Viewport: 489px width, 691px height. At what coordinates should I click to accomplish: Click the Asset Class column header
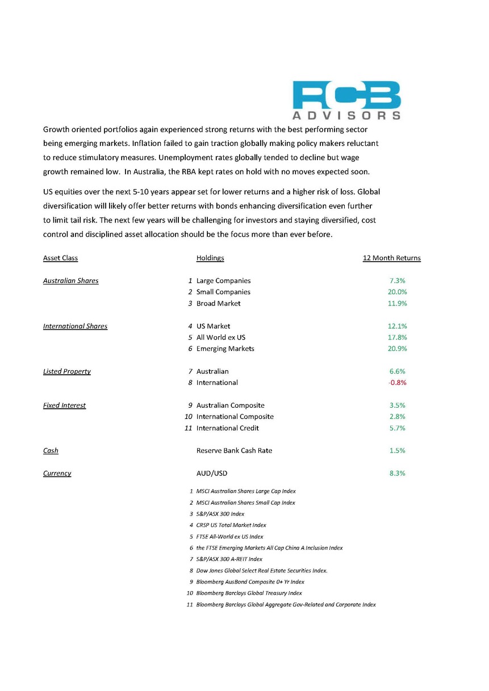click(x=60, y=258)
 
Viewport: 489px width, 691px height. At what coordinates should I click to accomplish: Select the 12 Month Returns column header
click(x=391, y=258)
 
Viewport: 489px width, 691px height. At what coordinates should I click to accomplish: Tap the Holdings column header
click(x=210, y=258)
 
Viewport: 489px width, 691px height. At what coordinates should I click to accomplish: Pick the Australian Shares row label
click(x=70, y=280)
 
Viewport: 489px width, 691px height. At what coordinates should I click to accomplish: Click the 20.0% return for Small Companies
click(x=397, y=292)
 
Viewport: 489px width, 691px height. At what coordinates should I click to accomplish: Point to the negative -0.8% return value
click(x=397, y=383)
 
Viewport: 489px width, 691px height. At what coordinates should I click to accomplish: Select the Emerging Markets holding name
click(x=225, y=349)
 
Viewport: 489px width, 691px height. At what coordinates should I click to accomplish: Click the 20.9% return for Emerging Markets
click(x=397, y=349)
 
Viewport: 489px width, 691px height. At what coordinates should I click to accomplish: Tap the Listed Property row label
click(x=66, y=371)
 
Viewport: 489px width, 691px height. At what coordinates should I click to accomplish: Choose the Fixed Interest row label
click(x=64, y=405)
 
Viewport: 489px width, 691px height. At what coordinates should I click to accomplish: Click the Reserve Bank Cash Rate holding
click(x=234, y=451)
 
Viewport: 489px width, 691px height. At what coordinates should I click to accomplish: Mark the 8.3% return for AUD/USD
click(x=397, y=474)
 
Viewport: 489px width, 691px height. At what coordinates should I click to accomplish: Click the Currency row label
click(x=57, y=474)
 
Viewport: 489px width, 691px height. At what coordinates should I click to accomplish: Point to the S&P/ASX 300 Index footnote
click(x=220, y=514)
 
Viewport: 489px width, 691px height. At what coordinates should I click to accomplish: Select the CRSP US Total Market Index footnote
click(x=231, y=525)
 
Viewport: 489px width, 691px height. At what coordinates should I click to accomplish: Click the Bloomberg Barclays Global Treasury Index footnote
click(x=249, y=593)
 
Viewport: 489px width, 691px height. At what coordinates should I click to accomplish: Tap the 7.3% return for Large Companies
click(x=397, y=280)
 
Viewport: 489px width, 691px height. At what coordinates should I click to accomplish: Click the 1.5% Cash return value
click(x=397, y=451)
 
